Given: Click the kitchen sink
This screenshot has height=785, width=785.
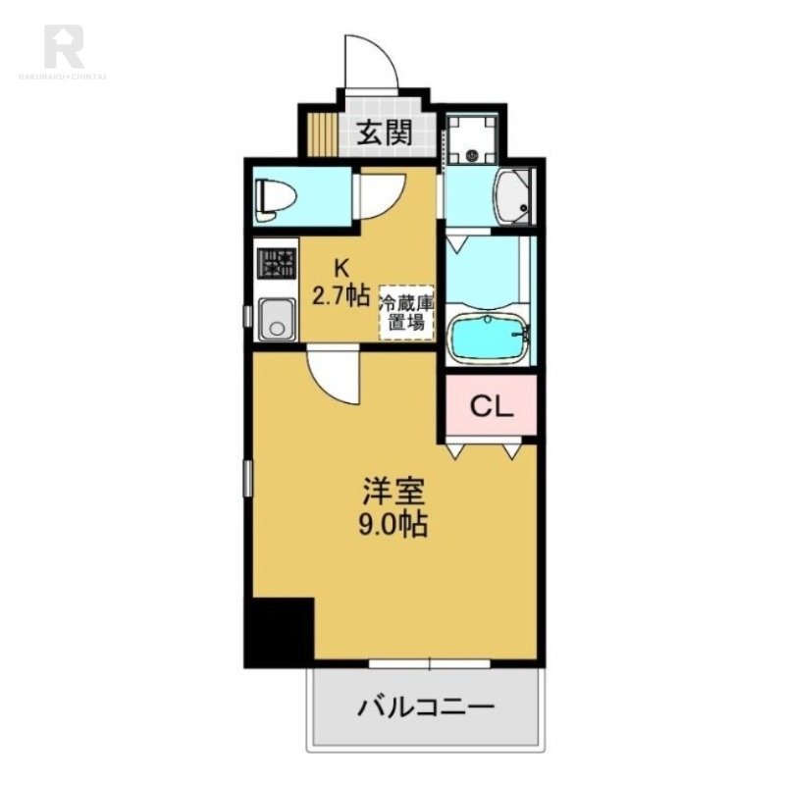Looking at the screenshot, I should pos(277,319).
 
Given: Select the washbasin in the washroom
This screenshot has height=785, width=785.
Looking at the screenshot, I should pos(513,195).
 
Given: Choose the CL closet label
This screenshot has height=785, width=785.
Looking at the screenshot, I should pos(488,405).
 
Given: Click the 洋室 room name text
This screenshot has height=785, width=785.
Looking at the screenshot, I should pos(392,488).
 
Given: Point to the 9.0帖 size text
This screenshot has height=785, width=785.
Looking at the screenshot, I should pos(392,525).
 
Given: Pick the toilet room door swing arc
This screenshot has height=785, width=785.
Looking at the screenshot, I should pos(383,191).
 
